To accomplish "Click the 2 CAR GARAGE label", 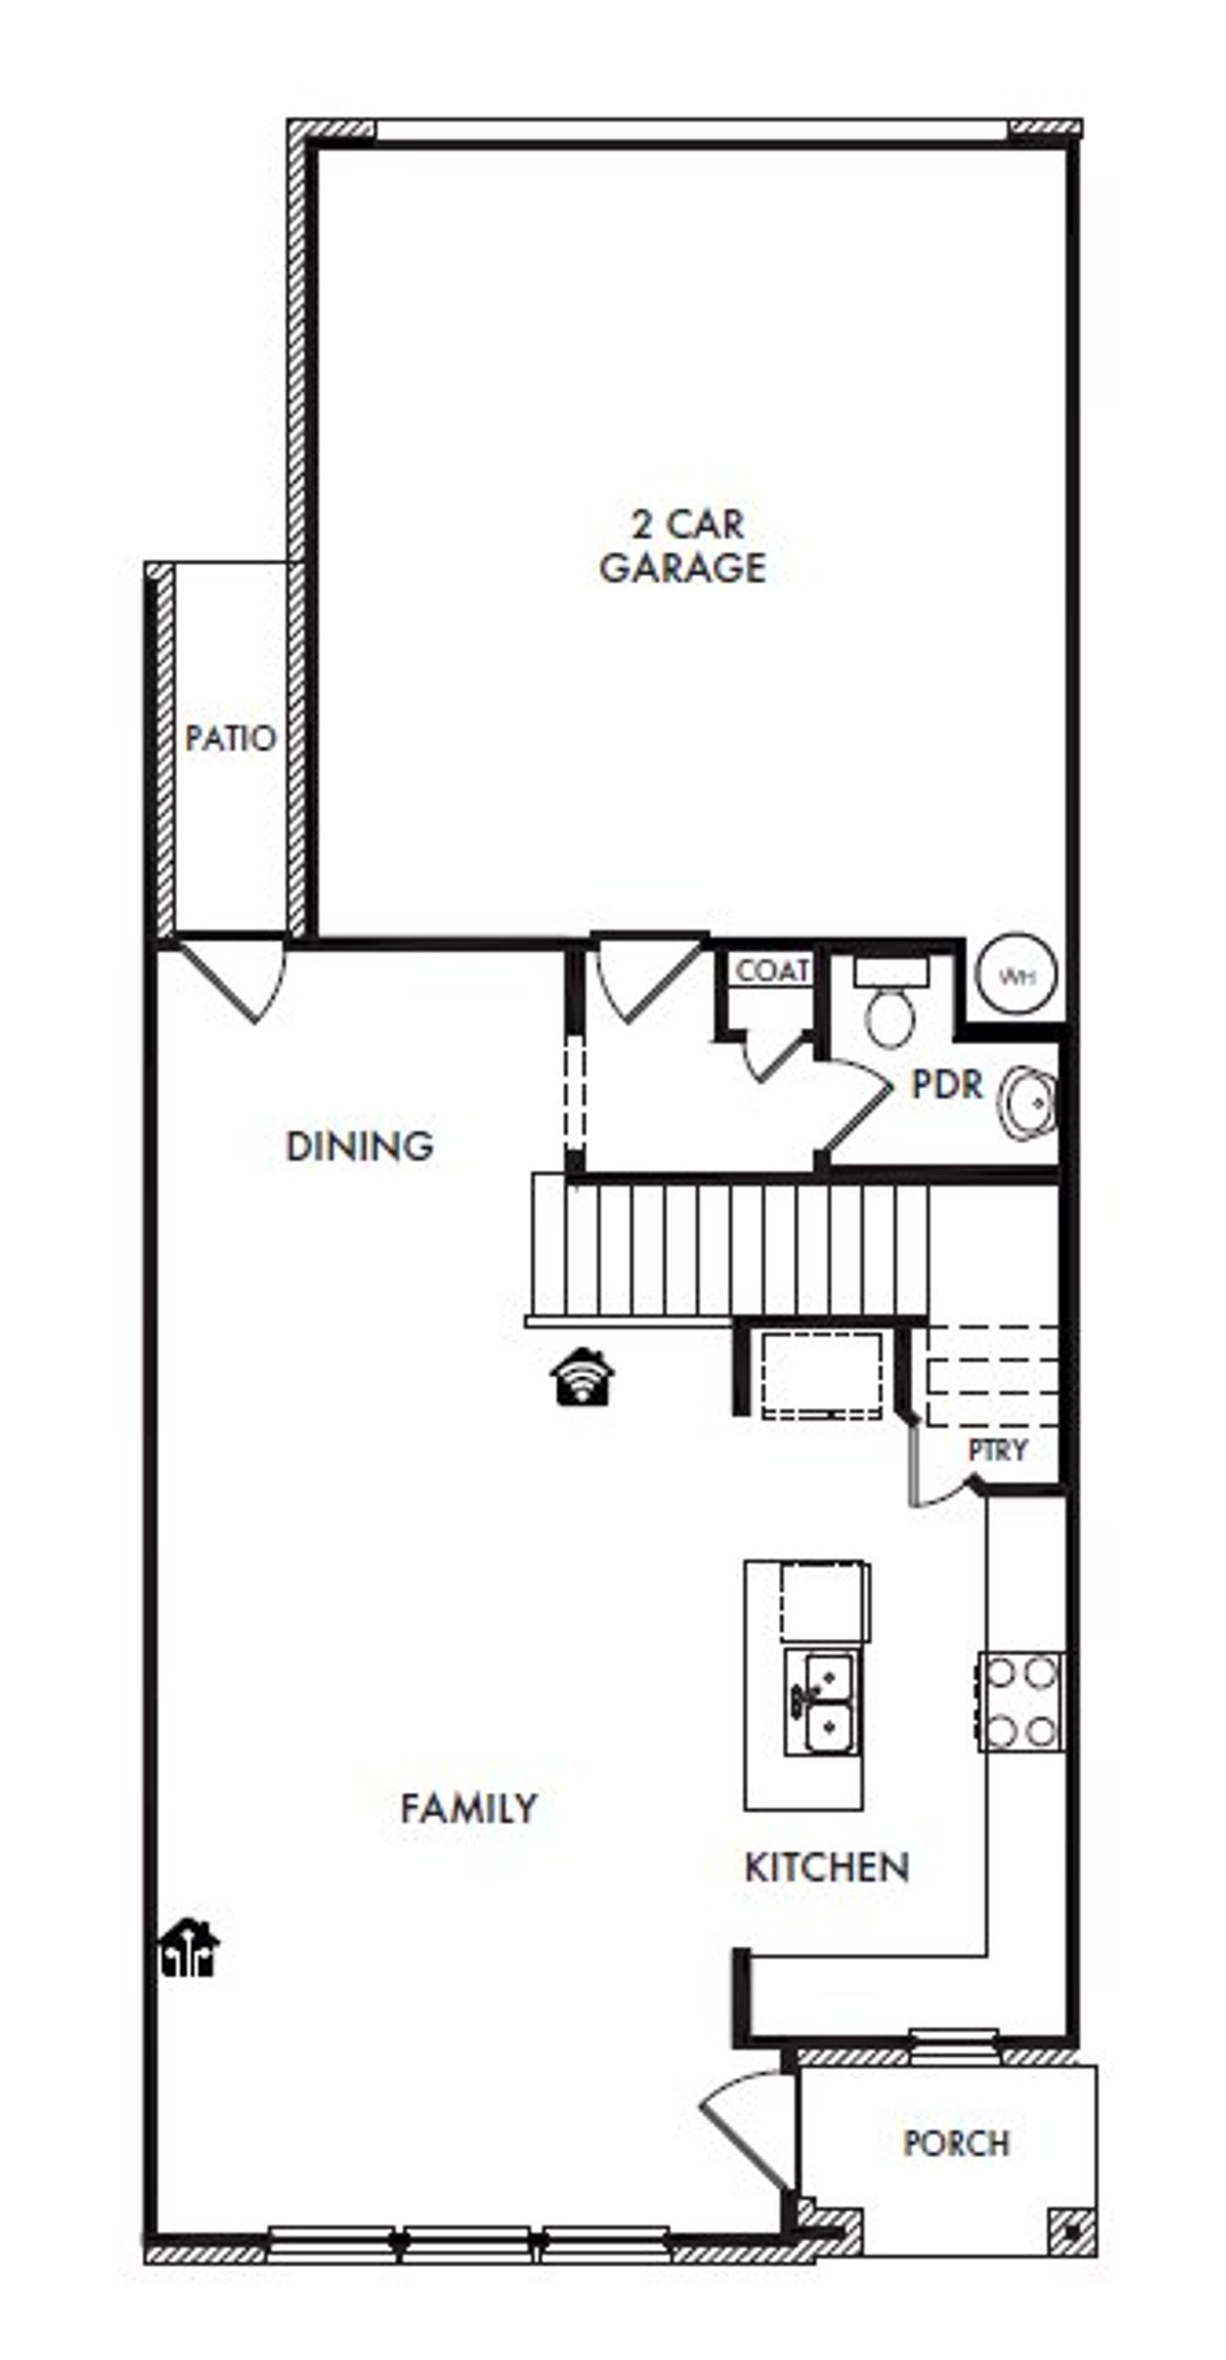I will coord(682,546).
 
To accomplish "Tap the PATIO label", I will coord(230,738).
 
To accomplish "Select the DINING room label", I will coord(359,1146).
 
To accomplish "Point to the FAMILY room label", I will coord(468,1808).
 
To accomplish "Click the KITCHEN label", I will coord(827,1868).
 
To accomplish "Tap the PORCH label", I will coord(956,2143).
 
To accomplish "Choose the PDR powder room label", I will coord(946,1084).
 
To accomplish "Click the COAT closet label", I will coord(772,970).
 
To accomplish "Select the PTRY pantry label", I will coord(997,1449).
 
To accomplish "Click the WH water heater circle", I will coord(1015,975).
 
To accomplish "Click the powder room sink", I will coord(1029,1102).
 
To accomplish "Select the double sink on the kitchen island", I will coord(822,1702).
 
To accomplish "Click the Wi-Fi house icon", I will coord(582,1376).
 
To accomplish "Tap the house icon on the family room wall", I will coord(190,1948).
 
